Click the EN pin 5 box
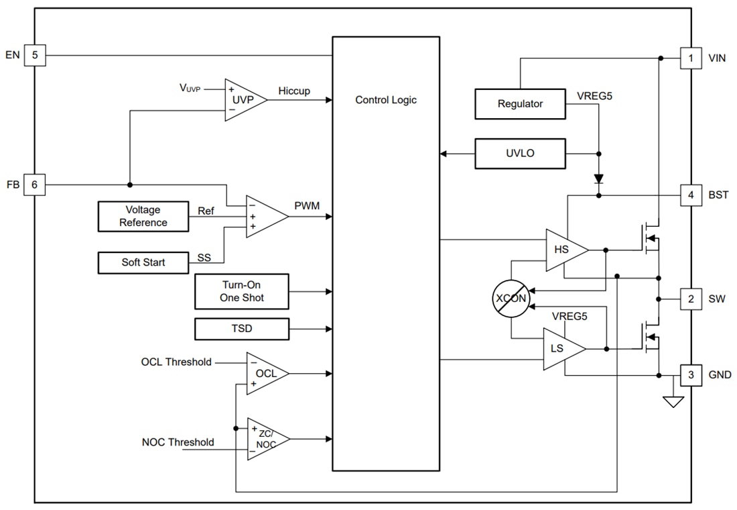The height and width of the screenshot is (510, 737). (35, 55)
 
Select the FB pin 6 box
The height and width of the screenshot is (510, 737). (35, 185)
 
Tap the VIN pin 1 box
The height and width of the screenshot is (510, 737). (691, 58)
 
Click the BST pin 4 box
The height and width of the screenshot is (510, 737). (691, 196)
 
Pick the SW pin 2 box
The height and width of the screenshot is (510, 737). (691, 299)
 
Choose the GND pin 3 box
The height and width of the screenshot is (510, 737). (691, 375)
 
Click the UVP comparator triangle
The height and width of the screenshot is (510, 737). (242, 99)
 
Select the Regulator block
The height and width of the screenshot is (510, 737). (520, 103)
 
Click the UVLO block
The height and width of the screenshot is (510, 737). (520, 154)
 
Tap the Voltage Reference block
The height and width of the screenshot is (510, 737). (143, 216)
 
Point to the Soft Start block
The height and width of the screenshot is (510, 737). (143, 262)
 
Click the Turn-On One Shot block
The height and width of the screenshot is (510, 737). (241, 292)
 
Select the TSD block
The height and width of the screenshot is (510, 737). (241, 329)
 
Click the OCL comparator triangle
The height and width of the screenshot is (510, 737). (265, 372)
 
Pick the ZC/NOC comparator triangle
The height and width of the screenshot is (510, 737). (266, 439)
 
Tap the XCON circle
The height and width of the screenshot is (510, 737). (511, 298)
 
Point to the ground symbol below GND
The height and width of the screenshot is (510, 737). (672, 402)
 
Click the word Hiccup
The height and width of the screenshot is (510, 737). (294, 91)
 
